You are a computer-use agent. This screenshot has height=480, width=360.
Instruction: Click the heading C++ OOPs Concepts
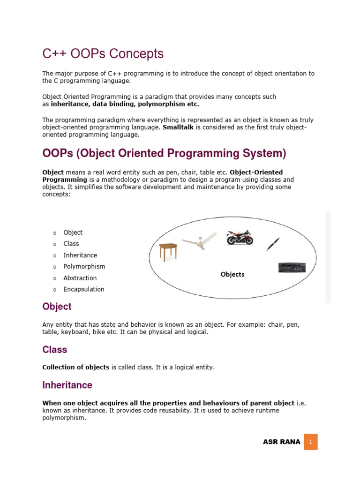[103, 54]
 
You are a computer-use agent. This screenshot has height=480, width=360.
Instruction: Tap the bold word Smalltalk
[179, 127]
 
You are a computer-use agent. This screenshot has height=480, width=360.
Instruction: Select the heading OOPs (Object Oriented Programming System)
[164, 153]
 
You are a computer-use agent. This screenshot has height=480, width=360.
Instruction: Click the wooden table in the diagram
[168, 252]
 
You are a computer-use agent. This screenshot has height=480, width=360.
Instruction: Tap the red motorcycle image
[240, 238]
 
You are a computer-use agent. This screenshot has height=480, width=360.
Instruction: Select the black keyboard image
[292, 267]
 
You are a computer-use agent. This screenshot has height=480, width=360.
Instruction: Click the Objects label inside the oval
[232, 274]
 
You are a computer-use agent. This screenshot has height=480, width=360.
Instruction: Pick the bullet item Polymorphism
[84, 266]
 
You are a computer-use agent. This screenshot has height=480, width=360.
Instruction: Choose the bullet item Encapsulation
[84, 289]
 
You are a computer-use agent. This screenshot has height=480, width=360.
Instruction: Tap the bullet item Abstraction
[80, 278]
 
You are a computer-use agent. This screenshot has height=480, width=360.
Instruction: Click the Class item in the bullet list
[71, 244]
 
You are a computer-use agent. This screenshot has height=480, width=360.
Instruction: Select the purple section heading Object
[57, 307]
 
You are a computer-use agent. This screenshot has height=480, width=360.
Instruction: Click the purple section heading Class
[55, 350]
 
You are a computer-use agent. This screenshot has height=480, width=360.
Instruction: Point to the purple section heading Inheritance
[67, 385]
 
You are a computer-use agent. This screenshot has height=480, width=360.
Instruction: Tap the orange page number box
[311, 442]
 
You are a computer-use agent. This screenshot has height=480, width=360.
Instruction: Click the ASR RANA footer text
[281, 442]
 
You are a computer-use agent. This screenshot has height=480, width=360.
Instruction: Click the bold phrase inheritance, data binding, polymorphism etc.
[125, 104]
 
